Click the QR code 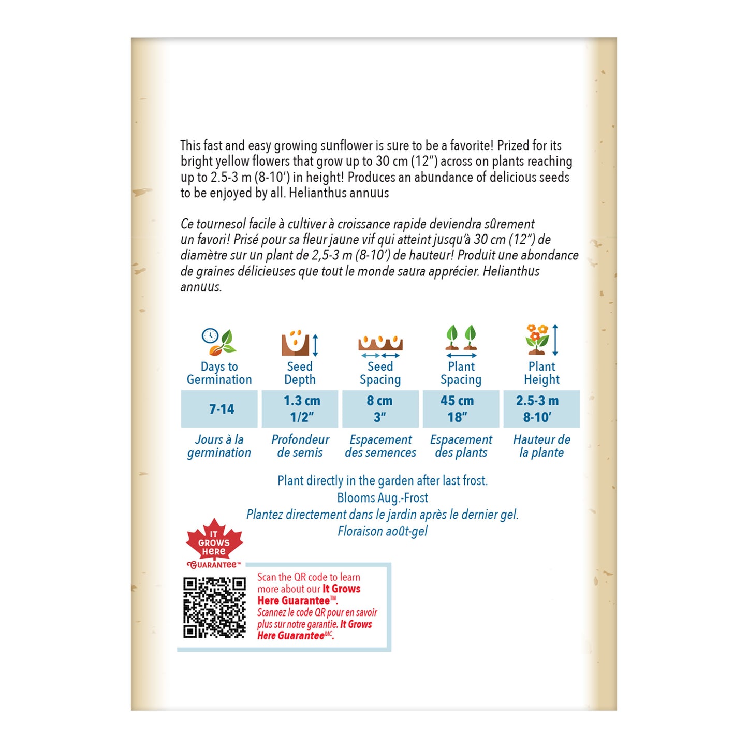pyautogui.click(x=214, y=608)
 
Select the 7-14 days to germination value pyautogui.click(x=221, y=409)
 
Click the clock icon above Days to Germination pyautogui.click(x=210, y=335)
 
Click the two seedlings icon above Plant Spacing pyautogui.click(x=461, y=339)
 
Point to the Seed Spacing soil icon pyautogui.click(x=380, y=344)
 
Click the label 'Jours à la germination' pyautogui.click(x=219, y=446)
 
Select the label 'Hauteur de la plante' pyautogui.click(x=541, y=446)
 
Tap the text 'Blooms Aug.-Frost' pyautogui.click(x=383, y=498)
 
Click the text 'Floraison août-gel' pyautogui.click(x=383, y=531)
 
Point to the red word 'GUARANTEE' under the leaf pyautogui.click(x=213, y=565)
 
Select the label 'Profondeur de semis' pyautogui.click(x=300, y=446)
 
